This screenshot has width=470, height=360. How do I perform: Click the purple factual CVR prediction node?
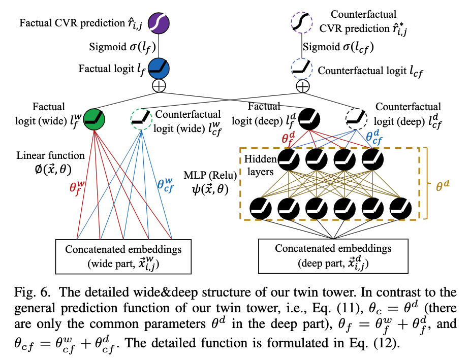159,23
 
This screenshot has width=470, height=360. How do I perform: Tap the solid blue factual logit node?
159,68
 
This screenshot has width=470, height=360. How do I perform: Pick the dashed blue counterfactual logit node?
302,67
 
